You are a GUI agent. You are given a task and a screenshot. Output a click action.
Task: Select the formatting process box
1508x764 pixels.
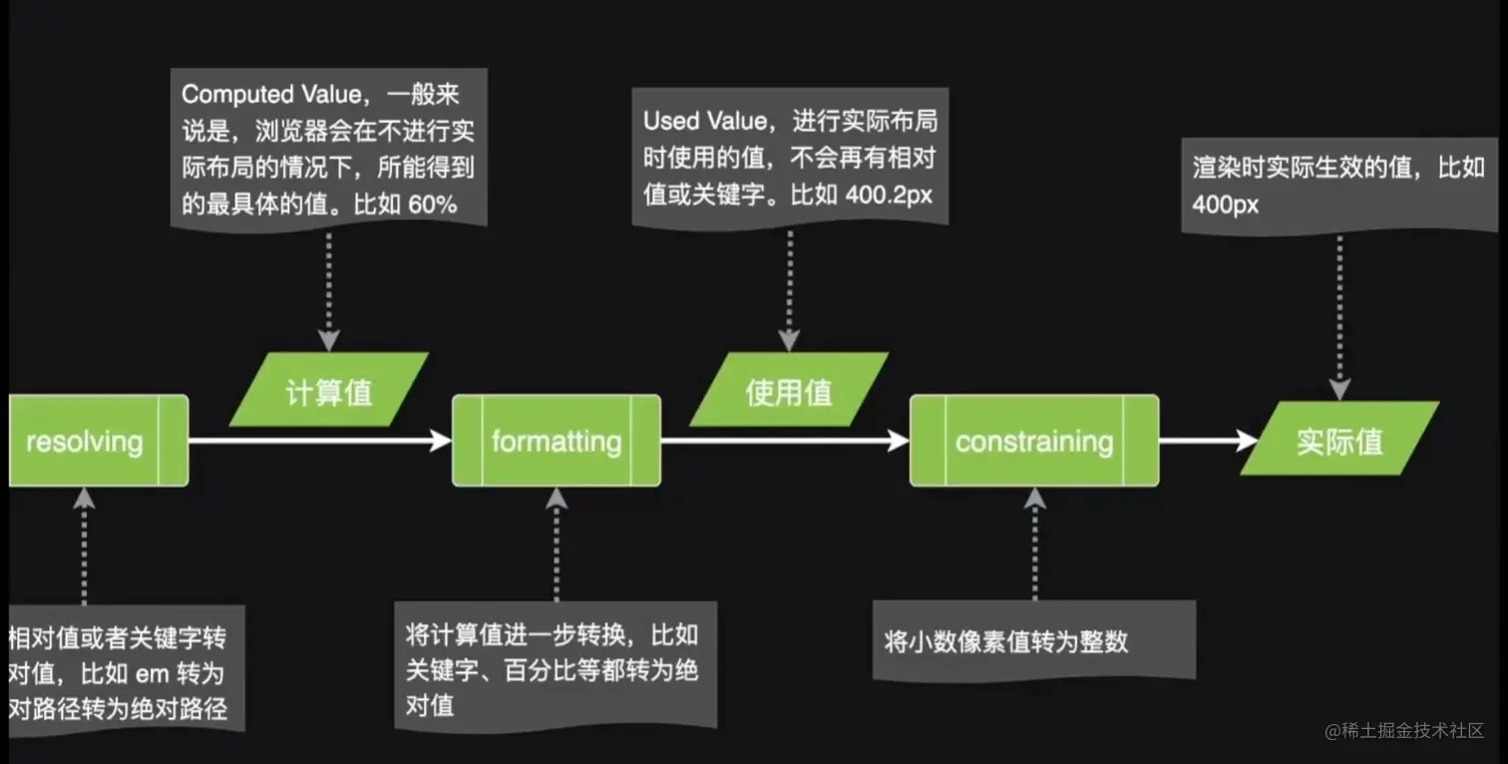point(556,441)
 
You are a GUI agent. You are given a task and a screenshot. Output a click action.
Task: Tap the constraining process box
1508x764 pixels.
point(1034,441)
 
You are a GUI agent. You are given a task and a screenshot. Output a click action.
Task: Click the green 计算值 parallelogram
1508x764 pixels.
point(329,390)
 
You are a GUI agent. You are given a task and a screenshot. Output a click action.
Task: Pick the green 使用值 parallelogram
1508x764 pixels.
point(789,390)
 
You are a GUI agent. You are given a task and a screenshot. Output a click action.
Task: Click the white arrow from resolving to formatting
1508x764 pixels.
point(319,440)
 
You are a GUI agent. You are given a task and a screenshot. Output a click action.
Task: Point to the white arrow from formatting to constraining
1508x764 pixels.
point(784,440)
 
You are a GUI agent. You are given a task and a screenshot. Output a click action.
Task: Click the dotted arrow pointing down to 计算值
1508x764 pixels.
point(328,289)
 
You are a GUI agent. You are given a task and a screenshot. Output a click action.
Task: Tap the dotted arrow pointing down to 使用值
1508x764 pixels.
point(789,289)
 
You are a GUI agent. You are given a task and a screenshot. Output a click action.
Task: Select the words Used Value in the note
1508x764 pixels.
point(705,121)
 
